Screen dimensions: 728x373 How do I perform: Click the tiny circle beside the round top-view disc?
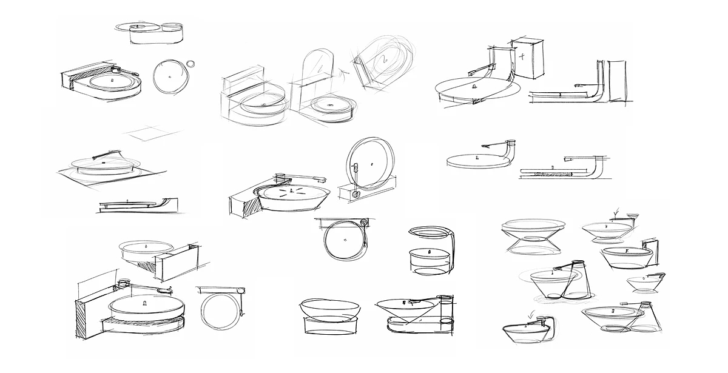(191, 63)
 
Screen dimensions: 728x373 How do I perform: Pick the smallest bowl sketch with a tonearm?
(645, 282)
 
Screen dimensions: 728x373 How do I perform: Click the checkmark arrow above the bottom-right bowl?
(532, 314)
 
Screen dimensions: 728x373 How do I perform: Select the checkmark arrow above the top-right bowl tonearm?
(617, 212)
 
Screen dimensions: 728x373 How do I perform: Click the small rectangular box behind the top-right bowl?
(650, 249)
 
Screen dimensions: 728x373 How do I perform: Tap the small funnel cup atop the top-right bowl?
(633, 216)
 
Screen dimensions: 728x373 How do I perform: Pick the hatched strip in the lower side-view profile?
(551, 175)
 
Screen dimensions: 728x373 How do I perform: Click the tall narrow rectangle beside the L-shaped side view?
(618, 82)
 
